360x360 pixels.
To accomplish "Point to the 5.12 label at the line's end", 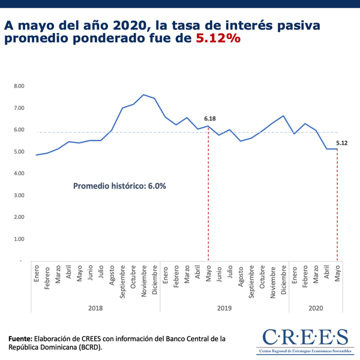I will point(342,143).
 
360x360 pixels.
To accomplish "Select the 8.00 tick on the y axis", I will point(19,86).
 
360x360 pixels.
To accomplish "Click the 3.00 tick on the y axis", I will point(19,196).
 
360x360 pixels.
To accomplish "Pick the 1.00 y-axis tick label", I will point(19,239).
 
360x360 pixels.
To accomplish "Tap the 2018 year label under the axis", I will point(95,308).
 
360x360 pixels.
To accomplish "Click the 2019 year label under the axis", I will point(224,308).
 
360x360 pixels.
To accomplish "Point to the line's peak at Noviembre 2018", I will point(143,95).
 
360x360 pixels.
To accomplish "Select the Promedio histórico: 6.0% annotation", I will point(119,186).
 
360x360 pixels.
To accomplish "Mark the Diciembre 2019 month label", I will point(284,280).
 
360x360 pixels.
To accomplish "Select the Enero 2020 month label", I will point(295,273).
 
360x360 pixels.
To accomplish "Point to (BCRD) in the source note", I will point(88,347).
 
